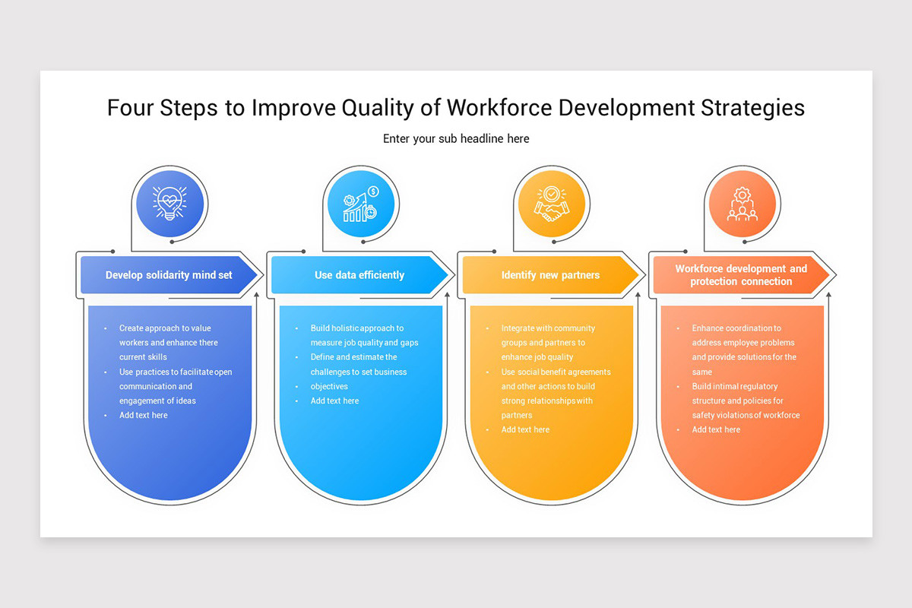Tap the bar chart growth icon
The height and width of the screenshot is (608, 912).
pos(360,204)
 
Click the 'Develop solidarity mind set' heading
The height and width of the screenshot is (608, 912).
pos(169,275)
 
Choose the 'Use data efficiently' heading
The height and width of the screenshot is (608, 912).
pos(359,275)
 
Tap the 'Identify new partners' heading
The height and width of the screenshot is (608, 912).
pos(550,275)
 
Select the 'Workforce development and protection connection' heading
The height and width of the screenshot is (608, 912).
pos(741,275)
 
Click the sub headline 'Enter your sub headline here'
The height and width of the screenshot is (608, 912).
pos(456,138)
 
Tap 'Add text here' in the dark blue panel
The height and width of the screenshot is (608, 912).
pos(143,416)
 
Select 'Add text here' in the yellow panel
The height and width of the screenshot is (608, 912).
pos(525,430)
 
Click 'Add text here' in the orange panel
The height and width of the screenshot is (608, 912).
pos(716,430)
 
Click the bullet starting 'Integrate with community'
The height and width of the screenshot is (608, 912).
pos(547,343)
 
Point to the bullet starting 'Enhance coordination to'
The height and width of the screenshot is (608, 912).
pos(743,350)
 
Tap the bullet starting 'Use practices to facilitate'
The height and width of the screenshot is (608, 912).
pos(175,386)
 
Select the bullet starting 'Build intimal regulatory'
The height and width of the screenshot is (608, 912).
pos(745,401)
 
